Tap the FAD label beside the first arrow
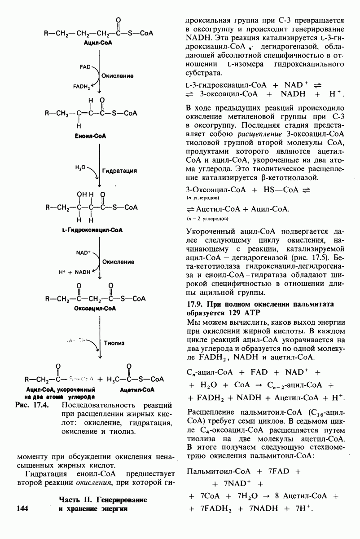pyautogui.click(x=85, y=67)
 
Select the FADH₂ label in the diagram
pyautogui.click(x=83, y=86)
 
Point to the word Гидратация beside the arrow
pyautogui.click(x=119, y=171)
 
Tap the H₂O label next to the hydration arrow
pyautogui.click(x=80, y=167)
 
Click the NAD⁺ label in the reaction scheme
pyautogui.click(x=83, y=253)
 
